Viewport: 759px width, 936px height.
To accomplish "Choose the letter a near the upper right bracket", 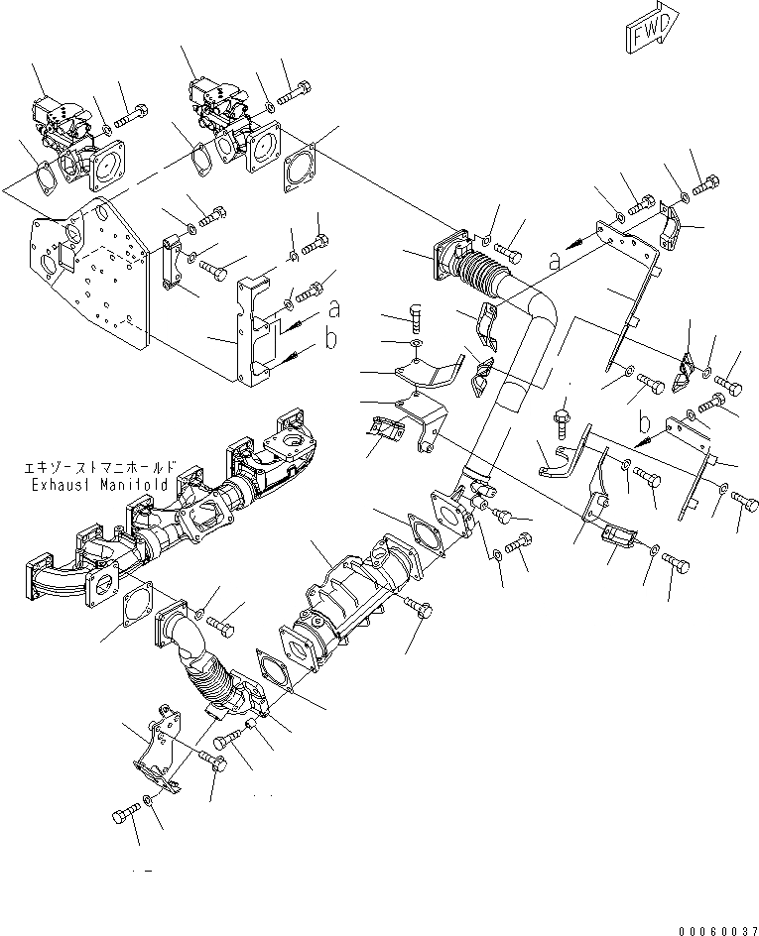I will pos(554,260).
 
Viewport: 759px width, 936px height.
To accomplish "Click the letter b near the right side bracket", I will pos(644,415).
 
